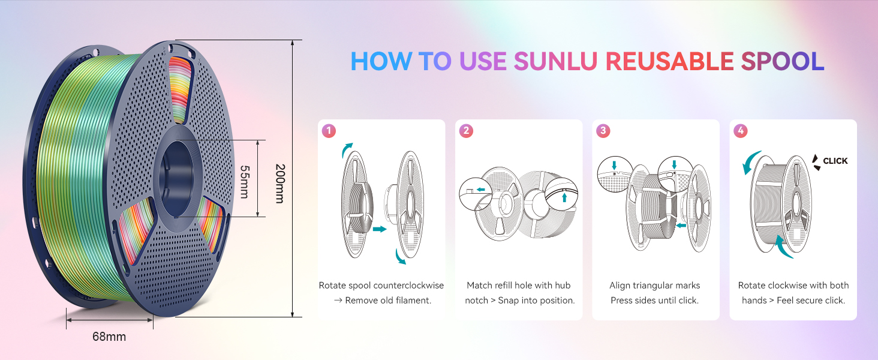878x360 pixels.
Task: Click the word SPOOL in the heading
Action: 782,61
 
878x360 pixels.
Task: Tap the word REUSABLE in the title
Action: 669,61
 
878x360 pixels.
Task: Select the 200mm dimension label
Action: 279,183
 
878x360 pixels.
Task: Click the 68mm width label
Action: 109,337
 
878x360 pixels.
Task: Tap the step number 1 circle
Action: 328,130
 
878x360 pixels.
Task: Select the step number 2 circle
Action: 465,130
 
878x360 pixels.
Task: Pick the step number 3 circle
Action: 603,130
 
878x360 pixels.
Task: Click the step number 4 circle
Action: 740,130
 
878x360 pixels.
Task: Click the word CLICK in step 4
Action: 835,161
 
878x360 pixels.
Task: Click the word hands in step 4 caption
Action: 754,300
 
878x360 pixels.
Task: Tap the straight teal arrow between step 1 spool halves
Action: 379,229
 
